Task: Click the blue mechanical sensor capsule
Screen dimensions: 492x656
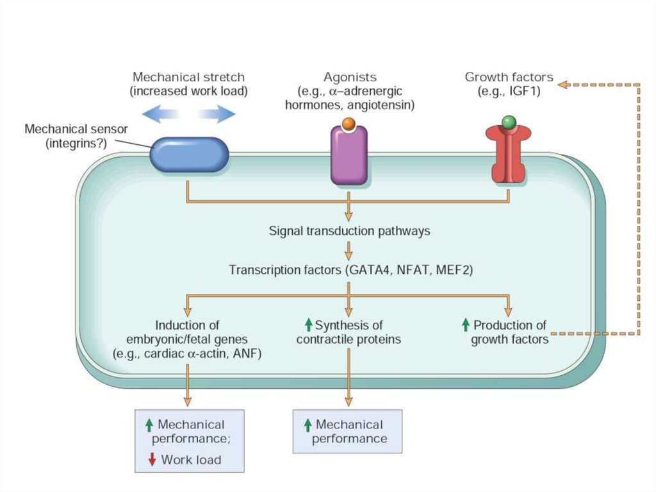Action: point(189,155)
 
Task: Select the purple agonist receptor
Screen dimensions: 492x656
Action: point(348,155)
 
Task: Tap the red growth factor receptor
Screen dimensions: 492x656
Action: point(508,154)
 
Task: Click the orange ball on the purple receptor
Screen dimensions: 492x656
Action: point(348,123)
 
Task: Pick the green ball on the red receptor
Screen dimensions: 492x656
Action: point(509,122)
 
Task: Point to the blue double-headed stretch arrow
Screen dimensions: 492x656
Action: point(188,114)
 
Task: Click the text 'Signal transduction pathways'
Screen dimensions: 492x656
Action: point(349,231)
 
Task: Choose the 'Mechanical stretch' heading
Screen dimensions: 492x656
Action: point(188,78)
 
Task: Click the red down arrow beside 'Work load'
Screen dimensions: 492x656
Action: point(152,459)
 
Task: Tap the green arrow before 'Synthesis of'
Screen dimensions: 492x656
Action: point(308,325)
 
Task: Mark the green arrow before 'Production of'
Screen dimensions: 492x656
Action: point(466,325)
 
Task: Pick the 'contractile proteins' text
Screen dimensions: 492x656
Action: point(348,339)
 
